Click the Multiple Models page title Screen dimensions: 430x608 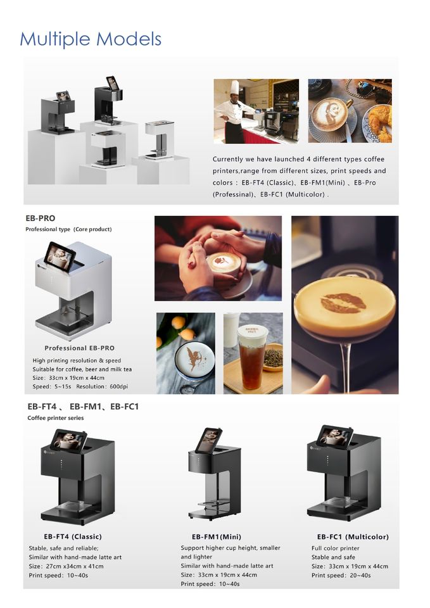pos(91,39)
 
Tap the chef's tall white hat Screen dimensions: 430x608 pos(236,87)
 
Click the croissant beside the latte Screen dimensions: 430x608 pos(379,120)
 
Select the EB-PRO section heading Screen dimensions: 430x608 pos(41,218)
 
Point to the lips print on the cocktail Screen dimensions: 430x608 pos(344,303)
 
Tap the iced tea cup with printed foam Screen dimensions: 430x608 pos(253,357)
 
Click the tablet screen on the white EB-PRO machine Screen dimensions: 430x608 pos(59,256)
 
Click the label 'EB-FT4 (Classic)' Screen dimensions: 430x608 pos(73,536)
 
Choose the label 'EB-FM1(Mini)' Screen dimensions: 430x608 pos(217,536)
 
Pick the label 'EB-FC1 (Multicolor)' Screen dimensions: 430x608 pos(353,536)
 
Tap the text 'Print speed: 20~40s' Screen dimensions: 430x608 pos(341,576)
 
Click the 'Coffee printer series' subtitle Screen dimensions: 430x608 pos(56,418)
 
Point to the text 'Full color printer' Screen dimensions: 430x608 pos(336,548)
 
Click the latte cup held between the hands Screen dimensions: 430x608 pos(224,265)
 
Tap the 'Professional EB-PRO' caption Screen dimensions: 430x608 pos(80,348)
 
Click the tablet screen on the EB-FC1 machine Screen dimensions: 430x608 pos(335,437)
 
